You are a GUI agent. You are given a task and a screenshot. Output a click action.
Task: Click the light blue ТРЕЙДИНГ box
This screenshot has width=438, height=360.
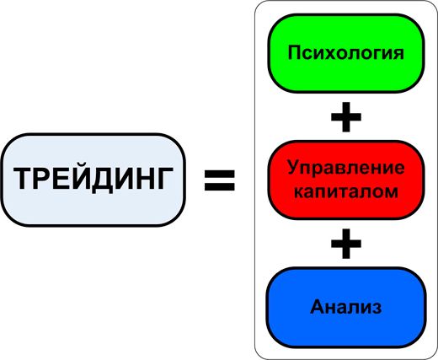pos(93,180)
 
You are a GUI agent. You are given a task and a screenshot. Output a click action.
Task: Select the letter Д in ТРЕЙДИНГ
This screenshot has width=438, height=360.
pos(103,180)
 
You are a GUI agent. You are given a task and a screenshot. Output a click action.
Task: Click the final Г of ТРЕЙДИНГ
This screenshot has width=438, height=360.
pos(165,179)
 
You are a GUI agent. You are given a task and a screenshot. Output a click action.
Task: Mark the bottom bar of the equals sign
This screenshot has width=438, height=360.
pos(220,187)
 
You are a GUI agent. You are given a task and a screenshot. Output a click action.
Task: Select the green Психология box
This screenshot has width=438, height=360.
pos(346,53)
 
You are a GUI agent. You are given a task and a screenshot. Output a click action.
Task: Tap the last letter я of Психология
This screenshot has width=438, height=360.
pos(398,54)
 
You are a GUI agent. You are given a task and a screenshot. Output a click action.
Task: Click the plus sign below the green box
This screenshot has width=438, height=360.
pos(346,117)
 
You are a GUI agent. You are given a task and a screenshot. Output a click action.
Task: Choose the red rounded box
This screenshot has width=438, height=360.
pos(346,180)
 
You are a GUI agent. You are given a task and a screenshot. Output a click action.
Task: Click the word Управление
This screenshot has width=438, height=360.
pos(346,169)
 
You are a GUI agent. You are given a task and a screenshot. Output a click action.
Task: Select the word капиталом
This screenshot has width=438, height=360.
pos(346,191)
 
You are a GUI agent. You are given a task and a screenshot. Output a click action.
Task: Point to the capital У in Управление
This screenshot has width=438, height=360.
pos(294,167)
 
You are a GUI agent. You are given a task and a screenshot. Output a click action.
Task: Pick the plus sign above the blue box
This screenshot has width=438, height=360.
pos(346,244)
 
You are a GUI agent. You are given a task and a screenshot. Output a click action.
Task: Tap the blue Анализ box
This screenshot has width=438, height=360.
pos(346,308)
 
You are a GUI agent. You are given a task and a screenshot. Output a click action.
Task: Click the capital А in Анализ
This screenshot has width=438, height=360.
pos(318,306)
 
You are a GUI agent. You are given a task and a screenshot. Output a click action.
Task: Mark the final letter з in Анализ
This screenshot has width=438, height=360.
pos(377,308)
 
